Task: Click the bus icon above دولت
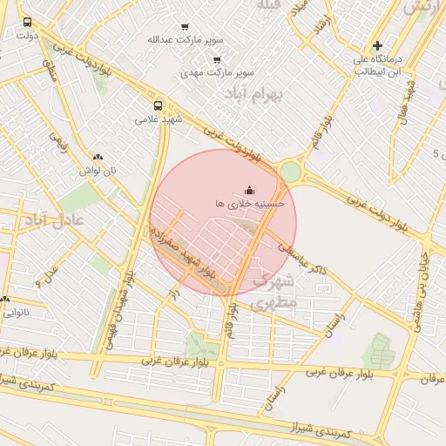click(27, 22)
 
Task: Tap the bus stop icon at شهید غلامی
click(158, 105)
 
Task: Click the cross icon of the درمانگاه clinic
click(377, 45)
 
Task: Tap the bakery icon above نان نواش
click(98, 158)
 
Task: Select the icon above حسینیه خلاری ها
click(250, 189)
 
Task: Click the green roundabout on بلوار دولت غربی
click(289, 172)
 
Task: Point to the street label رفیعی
click(60, 141)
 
